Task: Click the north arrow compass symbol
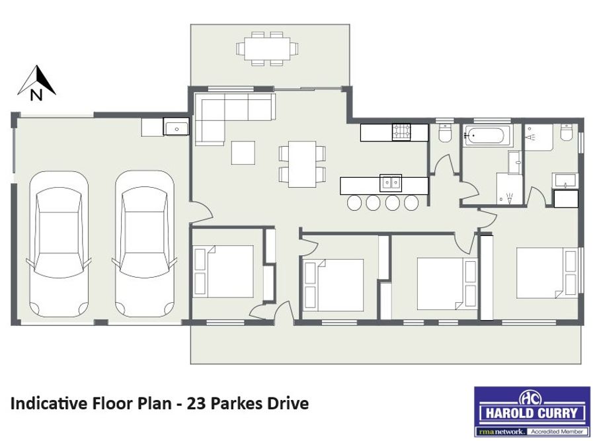tap(36, 83)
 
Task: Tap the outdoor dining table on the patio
tap(267, 48)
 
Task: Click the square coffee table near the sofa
tap(243, 153)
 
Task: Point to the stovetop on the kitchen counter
tap(401, 132)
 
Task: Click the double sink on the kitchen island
tap(391, 184)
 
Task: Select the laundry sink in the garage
tap(176, 126)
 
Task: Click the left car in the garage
tap(59, 244)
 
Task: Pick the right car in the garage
tap(145, 244)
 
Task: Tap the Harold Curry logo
tap(532, 411)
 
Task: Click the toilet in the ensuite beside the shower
tap(566, 132)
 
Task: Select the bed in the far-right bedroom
tap(547, 273)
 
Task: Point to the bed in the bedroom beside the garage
tap(223, 271)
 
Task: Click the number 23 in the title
tap(196, 403)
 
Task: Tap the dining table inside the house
tap(302, 164)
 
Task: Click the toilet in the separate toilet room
tap(444, 133)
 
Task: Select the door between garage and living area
tap(200, 212)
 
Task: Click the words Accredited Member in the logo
tap(557, 432)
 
